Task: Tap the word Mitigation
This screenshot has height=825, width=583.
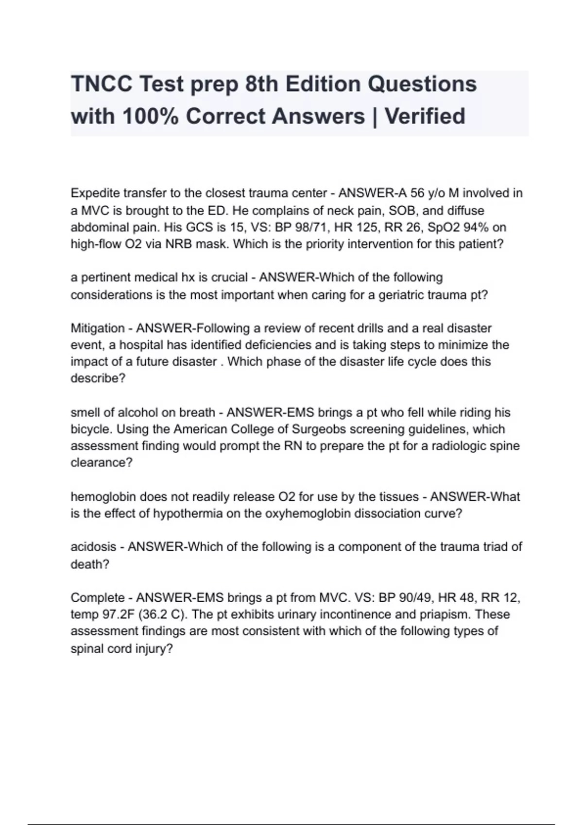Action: pyautogui.click(x=97, y=328)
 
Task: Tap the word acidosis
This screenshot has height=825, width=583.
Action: pyautogui.click(x=93, y=546)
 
